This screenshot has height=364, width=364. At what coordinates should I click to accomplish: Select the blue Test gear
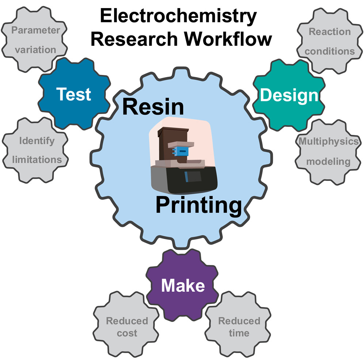73,94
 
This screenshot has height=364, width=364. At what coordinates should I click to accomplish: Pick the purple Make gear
183,285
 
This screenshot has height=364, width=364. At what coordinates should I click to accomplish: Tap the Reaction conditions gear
329,41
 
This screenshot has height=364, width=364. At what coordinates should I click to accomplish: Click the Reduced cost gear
127,327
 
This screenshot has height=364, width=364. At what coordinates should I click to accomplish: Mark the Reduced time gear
239,327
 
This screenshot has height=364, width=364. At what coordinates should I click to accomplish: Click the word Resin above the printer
153,106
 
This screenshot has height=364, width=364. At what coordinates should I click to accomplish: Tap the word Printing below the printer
198,205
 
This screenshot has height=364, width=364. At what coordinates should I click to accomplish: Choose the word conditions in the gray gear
330,51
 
